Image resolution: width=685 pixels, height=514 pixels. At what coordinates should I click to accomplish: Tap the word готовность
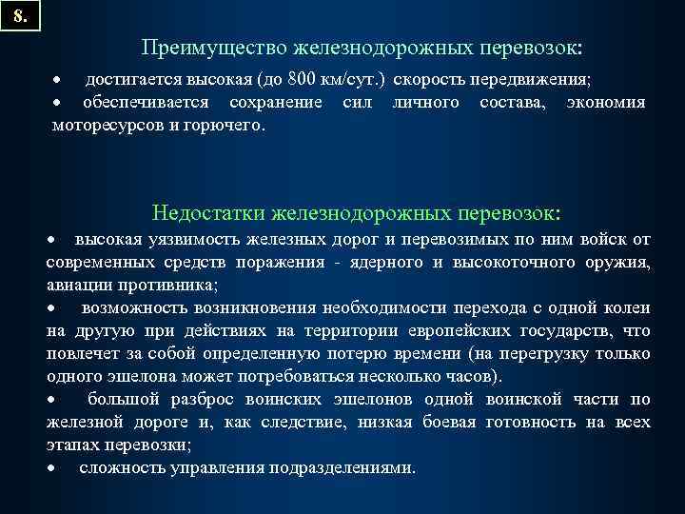pos(530,422)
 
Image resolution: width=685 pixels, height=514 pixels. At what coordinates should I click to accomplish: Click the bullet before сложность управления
pos(57,468)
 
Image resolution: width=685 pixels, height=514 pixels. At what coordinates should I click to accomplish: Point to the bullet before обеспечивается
pos(58,103)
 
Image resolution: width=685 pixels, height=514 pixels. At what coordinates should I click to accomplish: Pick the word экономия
pos(605,102)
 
